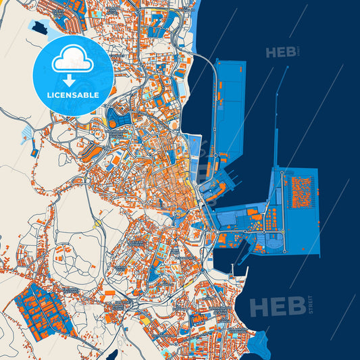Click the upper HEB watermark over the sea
[x=280, y=53]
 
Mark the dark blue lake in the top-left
[x=37, y=29]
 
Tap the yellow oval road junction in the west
[x=99, y=221]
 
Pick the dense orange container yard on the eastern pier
[x=300, y=192]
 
